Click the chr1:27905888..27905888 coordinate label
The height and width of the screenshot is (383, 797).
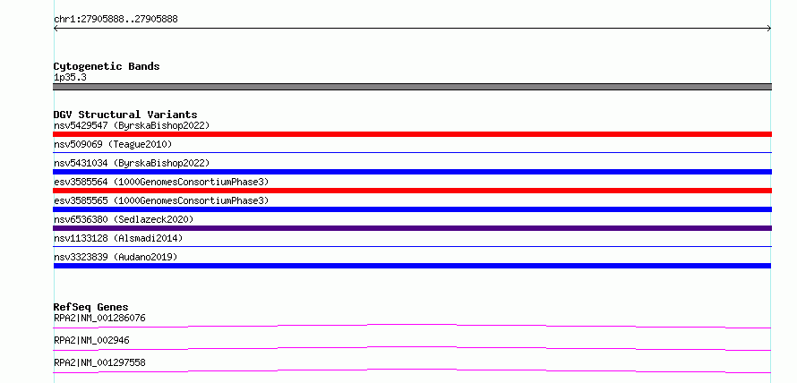point(116,20)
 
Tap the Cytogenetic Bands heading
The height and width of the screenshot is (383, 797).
point(107,66)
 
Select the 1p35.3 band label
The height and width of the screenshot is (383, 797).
point(70,78)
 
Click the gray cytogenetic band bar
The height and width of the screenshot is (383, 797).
point(412,87)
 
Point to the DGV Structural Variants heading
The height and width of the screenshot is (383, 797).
point(125,115)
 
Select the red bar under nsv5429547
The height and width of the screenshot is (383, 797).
point(412,134)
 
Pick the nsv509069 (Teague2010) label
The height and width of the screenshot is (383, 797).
point(113,144)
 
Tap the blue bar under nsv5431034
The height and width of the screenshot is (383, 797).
point(412,172)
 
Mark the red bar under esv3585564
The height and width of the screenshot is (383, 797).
point(412,191)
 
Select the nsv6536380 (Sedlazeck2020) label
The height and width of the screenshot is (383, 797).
point(124,219)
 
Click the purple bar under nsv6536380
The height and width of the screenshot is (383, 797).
point(412,228)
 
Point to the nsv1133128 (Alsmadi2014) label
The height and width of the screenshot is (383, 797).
point(118,238)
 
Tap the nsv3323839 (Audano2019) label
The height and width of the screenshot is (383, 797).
point(116,257)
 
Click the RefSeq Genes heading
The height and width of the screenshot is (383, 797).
point(90,307)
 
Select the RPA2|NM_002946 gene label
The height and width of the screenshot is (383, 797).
point(91,340)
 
